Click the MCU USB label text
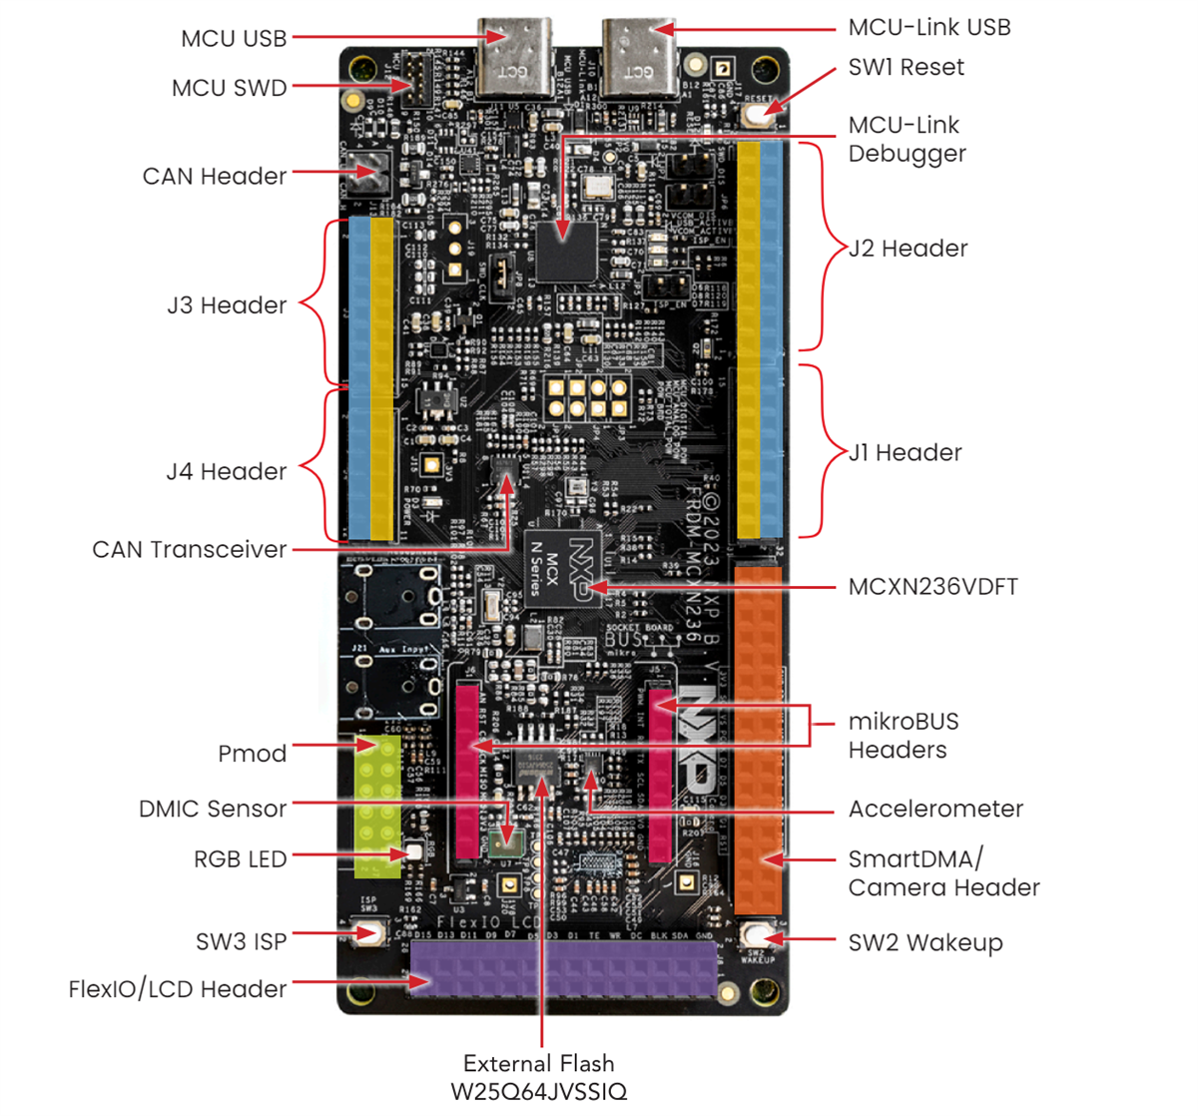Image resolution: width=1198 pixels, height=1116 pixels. coord(234,39)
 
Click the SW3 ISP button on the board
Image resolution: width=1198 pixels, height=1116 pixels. coord(370,933)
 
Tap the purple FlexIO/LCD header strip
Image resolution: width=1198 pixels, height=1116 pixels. coord(564,968)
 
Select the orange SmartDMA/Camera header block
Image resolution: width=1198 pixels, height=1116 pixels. coord(759,739)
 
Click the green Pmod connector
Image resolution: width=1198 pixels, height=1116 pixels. coord(377,804)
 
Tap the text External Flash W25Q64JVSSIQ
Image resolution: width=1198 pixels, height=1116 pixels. coord(539,1077)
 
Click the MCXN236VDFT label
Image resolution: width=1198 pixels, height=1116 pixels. coord(932,587)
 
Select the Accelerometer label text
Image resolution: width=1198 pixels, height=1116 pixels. coord(935,810)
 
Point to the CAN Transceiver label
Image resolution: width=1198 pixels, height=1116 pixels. coord(189,550)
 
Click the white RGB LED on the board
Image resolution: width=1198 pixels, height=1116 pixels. coord(411,853)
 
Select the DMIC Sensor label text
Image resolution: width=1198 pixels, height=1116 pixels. coord(213,810)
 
